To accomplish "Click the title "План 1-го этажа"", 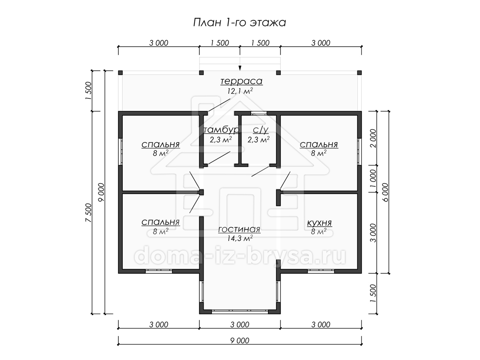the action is point(240,22).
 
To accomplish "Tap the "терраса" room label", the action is point(242,81).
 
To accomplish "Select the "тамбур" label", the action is point(222,130).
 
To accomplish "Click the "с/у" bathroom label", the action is point(261,130).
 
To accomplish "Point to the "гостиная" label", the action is point(239,229).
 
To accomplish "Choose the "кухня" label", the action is point(320,223).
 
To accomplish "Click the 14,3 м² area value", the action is point(240,238).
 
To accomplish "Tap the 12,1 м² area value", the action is point(240,91).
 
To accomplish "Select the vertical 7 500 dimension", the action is point(88,213).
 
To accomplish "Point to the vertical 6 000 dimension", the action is point(385,192).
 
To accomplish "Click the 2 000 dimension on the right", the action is point(373,138).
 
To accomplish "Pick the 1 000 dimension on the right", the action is point(373,178).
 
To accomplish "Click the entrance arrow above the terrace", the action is point(240,64).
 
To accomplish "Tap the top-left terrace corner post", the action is point(120,73).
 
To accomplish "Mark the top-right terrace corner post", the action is point(359,73).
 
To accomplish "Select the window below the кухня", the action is point(321,271).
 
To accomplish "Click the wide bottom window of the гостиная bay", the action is point(240,312).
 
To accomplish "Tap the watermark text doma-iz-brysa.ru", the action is point(240,255).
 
